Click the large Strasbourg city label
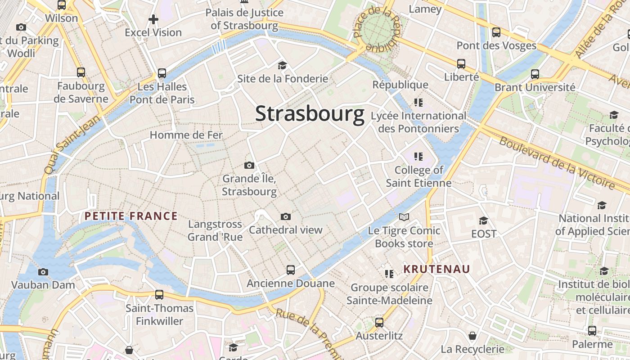[310, 114]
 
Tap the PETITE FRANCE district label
[131, 216]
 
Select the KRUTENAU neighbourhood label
[436, 269]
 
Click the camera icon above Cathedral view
[286, 217]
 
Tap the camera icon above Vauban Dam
[43, 272]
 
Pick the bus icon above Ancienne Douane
[291, 270]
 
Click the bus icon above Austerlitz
[379, 322]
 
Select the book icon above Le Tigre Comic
[404, 218]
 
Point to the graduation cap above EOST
[484, 220]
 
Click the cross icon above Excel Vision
[153, 19]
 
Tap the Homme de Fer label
[186, 135]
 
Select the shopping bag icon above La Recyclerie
[472, 336]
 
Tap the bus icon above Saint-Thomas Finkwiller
[159, 295]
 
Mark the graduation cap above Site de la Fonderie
[282, 65]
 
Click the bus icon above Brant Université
[535, 74]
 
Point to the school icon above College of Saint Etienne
[418, 157]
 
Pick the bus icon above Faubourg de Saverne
[81, 72]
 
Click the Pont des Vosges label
[496, 45]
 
